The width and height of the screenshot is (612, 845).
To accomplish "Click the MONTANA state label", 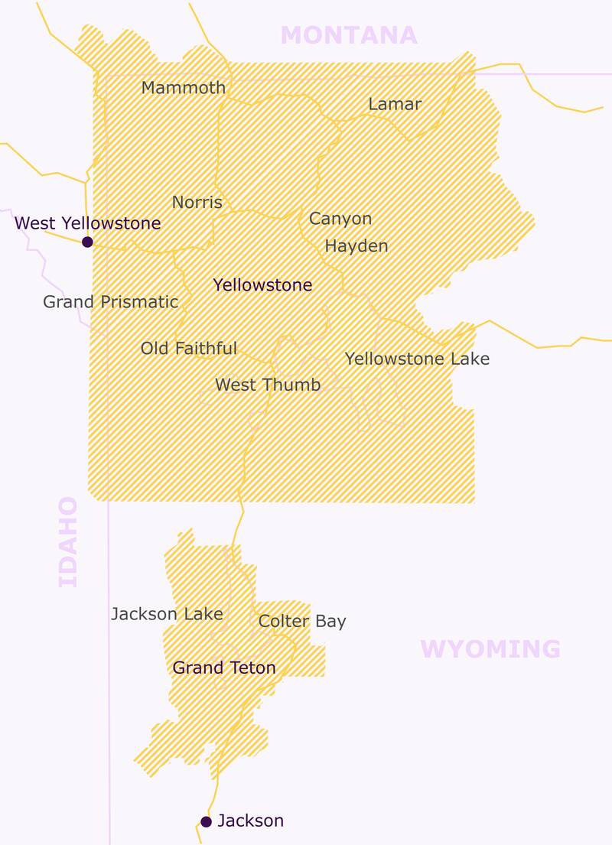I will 349,35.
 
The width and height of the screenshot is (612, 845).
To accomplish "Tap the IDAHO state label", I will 69,541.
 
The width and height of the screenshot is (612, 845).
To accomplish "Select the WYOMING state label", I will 490,649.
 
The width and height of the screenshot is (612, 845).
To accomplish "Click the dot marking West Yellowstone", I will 87,242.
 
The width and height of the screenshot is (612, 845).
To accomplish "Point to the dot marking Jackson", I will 206,822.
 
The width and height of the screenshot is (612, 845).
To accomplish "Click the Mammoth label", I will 184,88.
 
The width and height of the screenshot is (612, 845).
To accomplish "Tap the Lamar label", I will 395,104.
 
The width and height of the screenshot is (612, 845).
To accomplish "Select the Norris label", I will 197,203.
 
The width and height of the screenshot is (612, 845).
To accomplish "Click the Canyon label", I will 340,219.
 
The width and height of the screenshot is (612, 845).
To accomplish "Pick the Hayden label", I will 356,246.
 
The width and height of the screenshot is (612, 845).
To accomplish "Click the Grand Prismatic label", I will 110,302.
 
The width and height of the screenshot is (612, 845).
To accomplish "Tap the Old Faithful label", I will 189,349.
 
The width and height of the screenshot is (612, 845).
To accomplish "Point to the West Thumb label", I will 268,385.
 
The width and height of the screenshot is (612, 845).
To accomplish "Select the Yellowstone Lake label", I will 417,359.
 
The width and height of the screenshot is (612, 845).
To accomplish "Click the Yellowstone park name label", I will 262,285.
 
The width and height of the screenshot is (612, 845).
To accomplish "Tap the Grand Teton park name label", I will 224,668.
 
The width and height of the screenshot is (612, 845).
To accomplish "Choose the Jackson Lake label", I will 167,614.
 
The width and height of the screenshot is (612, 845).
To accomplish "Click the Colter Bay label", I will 302,621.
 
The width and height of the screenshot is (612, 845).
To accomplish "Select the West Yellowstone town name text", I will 88,223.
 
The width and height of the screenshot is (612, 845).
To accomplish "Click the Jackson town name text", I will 250,821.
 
